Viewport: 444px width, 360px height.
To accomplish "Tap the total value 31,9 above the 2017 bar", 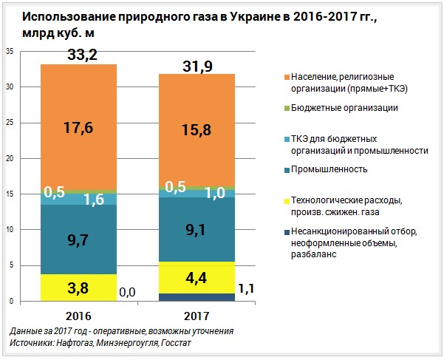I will [197, 67].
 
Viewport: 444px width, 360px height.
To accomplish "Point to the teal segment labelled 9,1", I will [197, 229].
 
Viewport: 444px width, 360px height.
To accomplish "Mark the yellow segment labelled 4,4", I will [197, 279].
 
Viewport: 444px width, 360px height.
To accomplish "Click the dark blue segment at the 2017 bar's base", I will [197, 297].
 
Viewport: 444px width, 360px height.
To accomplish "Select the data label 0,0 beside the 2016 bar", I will [126, 293].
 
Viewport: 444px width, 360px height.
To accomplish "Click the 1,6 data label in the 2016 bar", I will [93, 199].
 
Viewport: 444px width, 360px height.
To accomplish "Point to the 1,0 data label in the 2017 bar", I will [215, 193].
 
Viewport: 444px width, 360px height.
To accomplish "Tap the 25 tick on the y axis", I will [10, 123].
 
